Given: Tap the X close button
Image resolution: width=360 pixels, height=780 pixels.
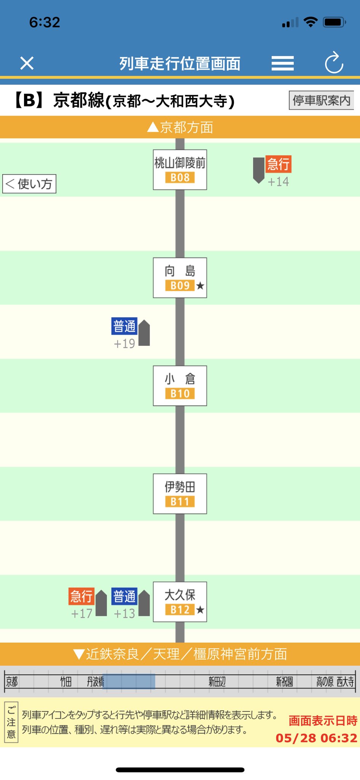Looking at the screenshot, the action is point(27,63).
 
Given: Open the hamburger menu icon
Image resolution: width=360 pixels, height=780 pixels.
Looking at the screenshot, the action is point(282,63).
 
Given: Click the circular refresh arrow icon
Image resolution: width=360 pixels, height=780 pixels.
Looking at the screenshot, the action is point(334,63).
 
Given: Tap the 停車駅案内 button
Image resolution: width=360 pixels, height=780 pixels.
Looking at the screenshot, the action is point(321,100).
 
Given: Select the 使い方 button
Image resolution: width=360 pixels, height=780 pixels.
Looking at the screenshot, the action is point(29,184).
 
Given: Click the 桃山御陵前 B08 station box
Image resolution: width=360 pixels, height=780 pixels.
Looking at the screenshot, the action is point(180,169).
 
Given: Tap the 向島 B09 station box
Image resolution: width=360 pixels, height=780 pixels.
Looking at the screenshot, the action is point(180,278).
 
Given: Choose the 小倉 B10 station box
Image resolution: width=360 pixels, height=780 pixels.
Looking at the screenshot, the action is point(180,386).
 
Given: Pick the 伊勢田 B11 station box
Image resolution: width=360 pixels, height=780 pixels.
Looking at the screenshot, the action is point(180,494).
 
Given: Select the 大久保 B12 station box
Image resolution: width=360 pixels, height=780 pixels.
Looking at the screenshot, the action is point(180,602).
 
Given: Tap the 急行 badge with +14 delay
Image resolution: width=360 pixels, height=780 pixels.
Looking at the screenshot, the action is point(278,164).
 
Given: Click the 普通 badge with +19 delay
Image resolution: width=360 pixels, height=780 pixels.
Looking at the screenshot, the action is point(124,326).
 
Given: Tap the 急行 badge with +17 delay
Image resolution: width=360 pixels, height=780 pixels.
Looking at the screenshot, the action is point(81,596).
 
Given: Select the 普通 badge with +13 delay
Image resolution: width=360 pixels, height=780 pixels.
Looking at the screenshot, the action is point(124,596).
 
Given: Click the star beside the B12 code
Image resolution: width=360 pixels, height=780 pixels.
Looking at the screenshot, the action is point(200,610).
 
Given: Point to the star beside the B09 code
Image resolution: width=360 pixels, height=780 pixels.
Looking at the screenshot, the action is point(200,286).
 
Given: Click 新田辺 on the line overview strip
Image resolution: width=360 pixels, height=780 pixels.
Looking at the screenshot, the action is point(217,682).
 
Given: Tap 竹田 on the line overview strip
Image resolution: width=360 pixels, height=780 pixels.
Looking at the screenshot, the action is point(66,682).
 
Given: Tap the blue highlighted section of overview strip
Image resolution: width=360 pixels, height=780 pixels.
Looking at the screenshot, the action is point(129,682).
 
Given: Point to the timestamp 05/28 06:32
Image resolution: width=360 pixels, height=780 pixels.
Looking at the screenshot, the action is point(316,738).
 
